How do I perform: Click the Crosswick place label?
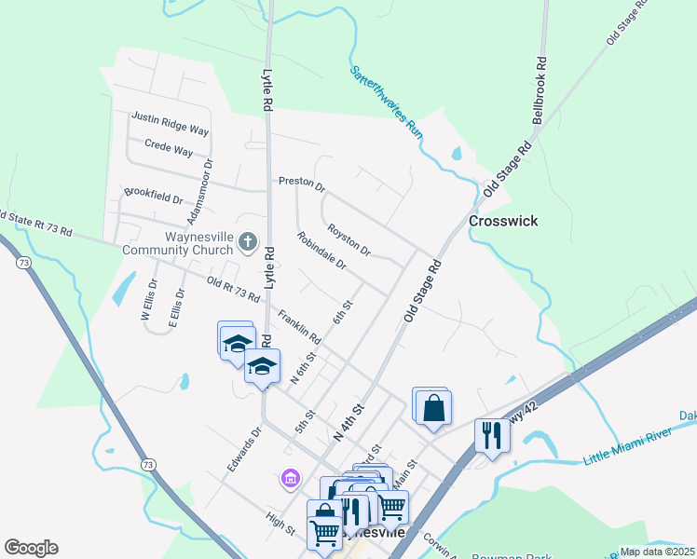pos(503,222)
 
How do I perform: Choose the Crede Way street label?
pos(169,148)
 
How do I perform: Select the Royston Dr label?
pos(349,239)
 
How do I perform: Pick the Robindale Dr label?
pos(321,251)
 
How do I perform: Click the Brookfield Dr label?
pos(154,198)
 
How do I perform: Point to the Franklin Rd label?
pos(298,325)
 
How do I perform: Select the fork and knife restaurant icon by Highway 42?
pos(492,434)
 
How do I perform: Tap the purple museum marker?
pos(290,479)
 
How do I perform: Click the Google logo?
pos(31,548)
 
